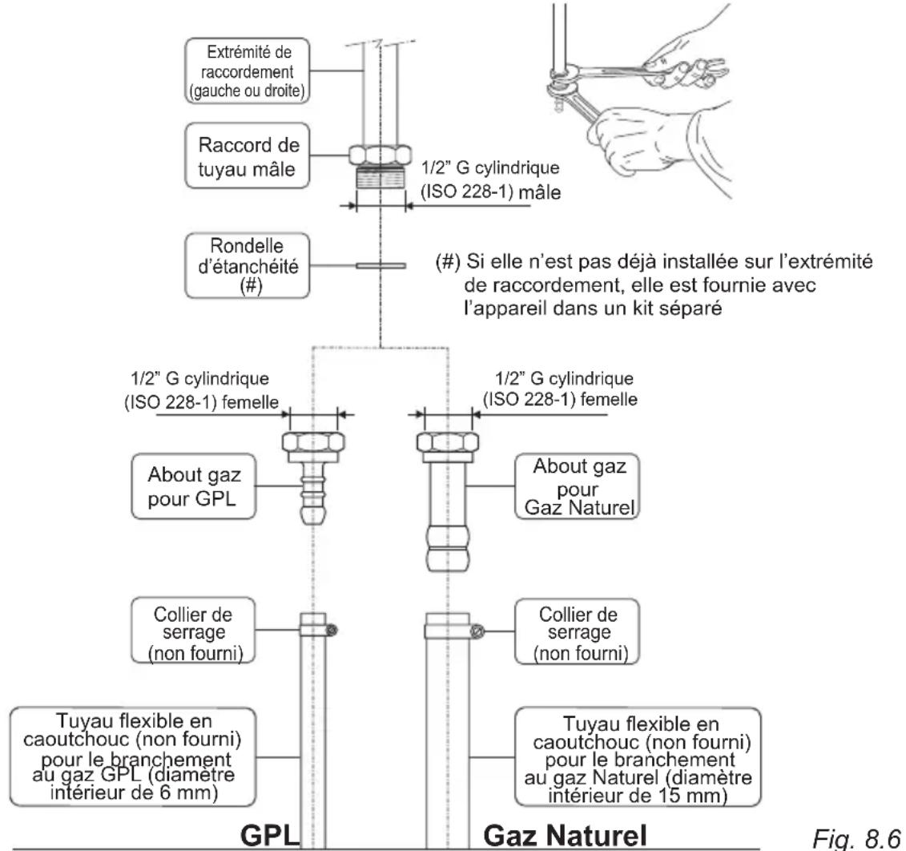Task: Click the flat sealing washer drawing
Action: [381, 266]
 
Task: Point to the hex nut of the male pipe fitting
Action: [381, 155]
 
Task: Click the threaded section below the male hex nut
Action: [381, 177]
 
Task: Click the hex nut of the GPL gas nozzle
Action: [313, 442]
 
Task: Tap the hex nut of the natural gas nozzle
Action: [448, 442]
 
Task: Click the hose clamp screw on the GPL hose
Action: [332, 630]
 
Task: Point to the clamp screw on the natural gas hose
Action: [476, 631]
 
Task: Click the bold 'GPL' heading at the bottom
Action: [270, 836]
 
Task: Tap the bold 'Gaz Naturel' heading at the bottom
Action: [565, 836]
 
